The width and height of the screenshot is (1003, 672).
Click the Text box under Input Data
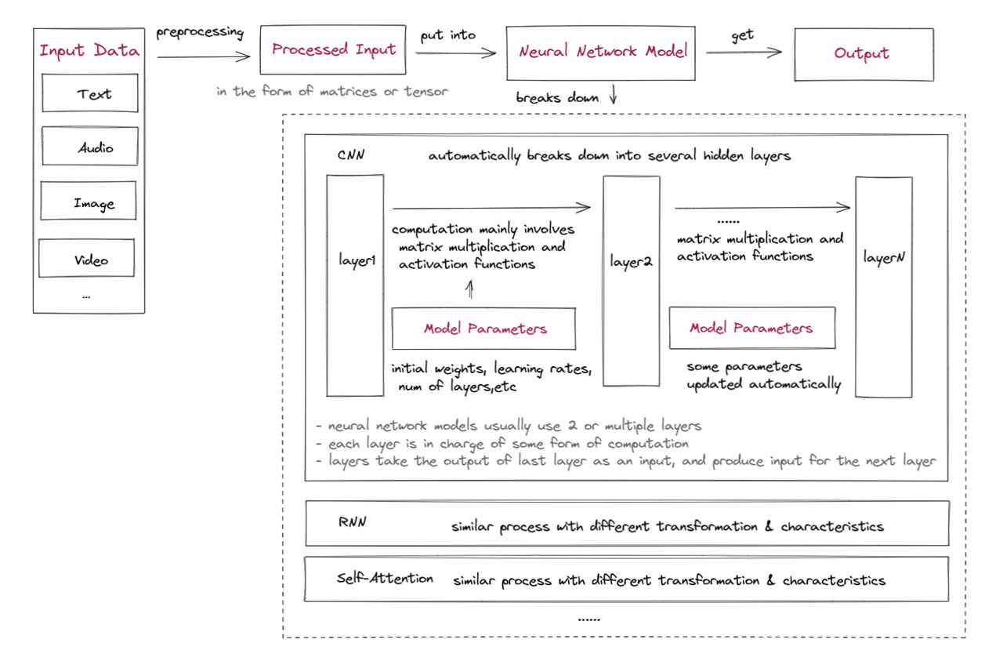(x=90, y=93)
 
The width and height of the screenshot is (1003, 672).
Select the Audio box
(x=90, y=147)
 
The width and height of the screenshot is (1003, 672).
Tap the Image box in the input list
(x=89, y=202)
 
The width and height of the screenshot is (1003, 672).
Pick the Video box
(x=87, y=259)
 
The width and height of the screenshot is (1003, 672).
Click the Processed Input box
(x=334, y=50)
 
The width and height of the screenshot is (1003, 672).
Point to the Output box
(x=864, y=54)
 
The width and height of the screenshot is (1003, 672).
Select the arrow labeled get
(x=743, y=52)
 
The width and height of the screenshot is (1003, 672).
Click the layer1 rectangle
(x=356, y=286)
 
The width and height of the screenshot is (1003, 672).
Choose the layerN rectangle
(x=884, y=287)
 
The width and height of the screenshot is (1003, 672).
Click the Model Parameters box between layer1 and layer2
(x=484, y=329)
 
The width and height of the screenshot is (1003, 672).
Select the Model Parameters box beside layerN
(x=751, y=328)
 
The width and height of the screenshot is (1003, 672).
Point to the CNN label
(x=351, y=155)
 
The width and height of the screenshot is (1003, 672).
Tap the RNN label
(x=351, y=524)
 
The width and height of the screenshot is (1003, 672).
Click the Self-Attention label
(x=385, y=579)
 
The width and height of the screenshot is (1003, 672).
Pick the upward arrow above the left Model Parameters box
(x=470, y=291)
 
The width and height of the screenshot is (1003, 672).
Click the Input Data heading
(x=89, y=52)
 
